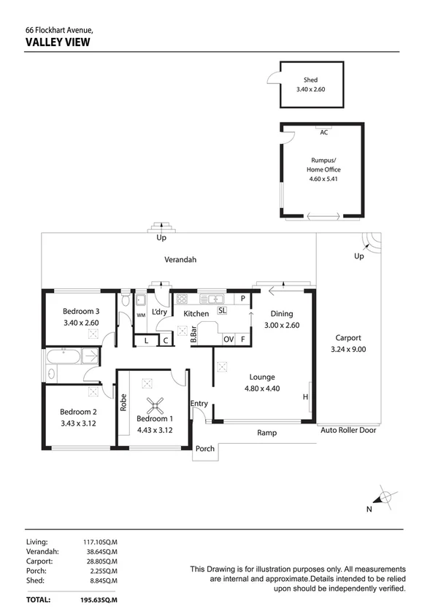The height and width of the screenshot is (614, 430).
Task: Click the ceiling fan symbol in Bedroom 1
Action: pyautogui.click(x=154, y=405)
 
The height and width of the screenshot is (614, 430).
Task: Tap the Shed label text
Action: pyautogui.click(x=311, y=80)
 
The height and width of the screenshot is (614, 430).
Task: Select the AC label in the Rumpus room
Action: pyautogui.click(x=323, y=132)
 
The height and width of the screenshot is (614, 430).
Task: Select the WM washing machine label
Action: pyautogui.click(x=141, y=315)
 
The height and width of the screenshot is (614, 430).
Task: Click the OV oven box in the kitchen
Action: pyautogui.click(x=229, y=339)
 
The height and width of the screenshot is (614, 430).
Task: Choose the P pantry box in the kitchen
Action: pyautogui.click(x=242, y=299)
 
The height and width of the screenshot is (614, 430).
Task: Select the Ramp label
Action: pyautogui.click(x=266, y=433)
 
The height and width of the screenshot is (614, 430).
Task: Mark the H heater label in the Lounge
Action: pyautogui.click(x=305, y=396)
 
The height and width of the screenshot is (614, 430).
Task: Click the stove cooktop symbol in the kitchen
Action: pyautogui.click(x=182, y=299)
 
